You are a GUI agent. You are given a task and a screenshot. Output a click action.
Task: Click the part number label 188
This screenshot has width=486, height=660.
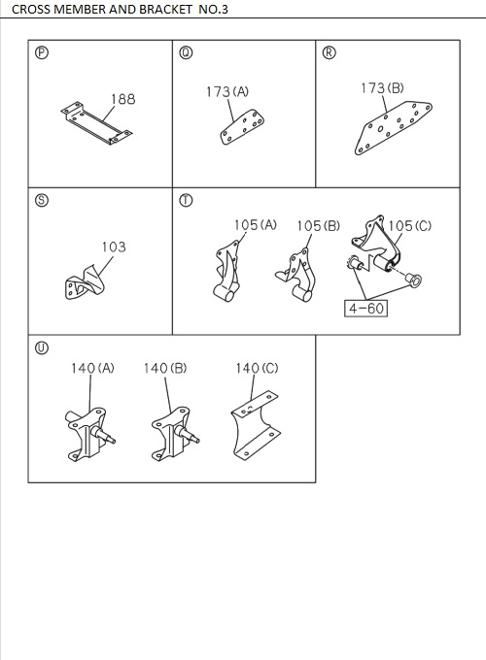coord(122,99)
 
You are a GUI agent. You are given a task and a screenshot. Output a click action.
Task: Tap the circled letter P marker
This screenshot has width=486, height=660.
coord(40,52)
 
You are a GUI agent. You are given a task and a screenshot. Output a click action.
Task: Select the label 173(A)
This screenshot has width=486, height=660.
coord(227,91)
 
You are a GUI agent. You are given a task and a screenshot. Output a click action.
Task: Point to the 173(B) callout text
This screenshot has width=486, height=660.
coord(382,88)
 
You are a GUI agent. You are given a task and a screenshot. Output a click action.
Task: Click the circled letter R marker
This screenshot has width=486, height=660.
coord(328,52)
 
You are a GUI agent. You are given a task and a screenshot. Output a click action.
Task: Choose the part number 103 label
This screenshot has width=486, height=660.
coord(114,247)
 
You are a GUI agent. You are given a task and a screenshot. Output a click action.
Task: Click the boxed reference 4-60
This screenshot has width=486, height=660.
coord(365,309)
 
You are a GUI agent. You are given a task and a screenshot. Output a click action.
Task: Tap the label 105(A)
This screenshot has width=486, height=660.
coord(255,225)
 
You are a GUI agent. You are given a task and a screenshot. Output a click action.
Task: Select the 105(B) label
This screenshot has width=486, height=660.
coord(318,225)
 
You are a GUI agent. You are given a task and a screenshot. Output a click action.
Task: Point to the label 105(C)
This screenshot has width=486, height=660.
coord(410,225)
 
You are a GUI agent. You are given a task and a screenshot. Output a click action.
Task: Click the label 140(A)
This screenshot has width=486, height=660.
coord(92,368)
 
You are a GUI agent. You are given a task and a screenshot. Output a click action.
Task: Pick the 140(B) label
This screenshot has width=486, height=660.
coord(164,368)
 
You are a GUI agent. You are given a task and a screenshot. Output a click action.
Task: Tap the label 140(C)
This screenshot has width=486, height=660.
coord(257,368)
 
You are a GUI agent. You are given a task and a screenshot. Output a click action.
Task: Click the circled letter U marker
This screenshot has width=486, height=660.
coord(40,348)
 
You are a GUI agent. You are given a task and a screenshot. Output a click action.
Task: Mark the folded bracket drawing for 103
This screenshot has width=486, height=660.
coord(87,284)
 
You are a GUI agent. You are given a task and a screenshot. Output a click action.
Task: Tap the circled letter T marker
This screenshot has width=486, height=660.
coord(185,201)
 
